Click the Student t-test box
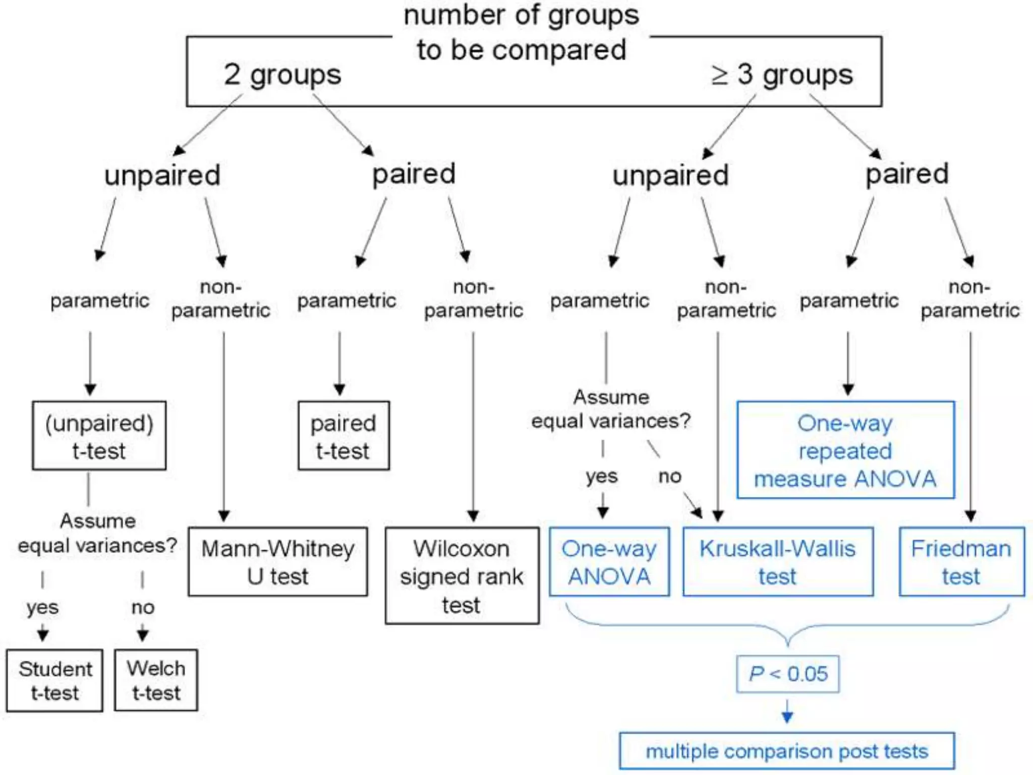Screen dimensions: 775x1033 (54, 680)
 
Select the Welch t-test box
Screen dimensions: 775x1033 (156, 680)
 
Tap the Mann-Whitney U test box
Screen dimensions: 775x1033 (278, 562)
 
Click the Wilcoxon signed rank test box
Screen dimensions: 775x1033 (462, 576)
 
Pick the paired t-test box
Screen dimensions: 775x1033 (343, 436)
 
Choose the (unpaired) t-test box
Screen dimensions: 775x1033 (99, 436)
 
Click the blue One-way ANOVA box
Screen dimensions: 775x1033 (609, 562)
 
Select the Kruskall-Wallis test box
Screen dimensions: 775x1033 (778, 562)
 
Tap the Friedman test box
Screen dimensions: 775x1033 (961, 562)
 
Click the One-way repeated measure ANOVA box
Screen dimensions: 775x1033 (845, 450)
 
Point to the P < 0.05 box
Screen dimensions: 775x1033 (788, 674)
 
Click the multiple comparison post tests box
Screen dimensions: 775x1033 (787, 751)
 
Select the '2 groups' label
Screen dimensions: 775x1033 (282, 75)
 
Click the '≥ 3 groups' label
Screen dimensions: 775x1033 (782, 75)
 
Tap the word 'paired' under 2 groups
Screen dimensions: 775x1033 (414, 174)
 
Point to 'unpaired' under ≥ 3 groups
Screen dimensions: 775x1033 (670, 176)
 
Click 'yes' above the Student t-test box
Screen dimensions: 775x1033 (42, 607)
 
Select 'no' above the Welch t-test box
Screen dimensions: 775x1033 (143, 607)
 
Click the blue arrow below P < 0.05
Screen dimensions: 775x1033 (787, 711)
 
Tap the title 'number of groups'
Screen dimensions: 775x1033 (521, 15)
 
